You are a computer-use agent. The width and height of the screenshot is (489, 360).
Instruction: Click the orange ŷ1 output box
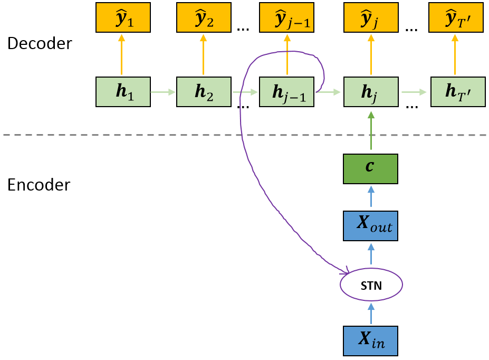click(122, 17)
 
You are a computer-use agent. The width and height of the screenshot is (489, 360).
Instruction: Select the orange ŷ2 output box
click(204, 17)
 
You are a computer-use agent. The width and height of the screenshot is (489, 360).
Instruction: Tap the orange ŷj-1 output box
click(287, 17)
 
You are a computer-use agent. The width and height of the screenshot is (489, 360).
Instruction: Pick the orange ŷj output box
click(371, 17)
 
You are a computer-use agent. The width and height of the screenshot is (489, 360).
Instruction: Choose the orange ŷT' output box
click(456, 17)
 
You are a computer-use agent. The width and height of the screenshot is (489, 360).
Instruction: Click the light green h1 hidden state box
click(123, 92)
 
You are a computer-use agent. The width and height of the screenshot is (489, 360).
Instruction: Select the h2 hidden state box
click(204, 92)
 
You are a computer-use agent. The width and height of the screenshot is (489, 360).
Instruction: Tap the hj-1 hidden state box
click(287, 92)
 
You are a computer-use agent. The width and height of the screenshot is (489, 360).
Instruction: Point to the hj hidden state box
click(371, 92)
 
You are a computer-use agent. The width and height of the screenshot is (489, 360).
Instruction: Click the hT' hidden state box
click(457, 92)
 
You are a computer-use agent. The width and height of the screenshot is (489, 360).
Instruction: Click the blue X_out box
click(370, 225)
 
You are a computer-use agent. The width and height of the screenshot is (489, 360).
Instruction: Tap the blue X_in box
click(370, 340)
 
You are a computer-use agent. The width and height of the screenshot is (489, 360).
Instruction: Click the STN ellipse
click(371, 285)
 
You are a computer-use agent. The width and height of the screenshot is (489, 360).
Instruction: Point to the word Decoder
click(40, 44)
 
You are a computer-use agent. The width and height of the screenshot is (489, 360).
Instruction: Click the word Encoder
click(39, 185)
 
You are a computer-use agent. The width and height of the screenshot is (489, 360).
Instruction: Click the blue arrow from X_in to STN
click(371, 314)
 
